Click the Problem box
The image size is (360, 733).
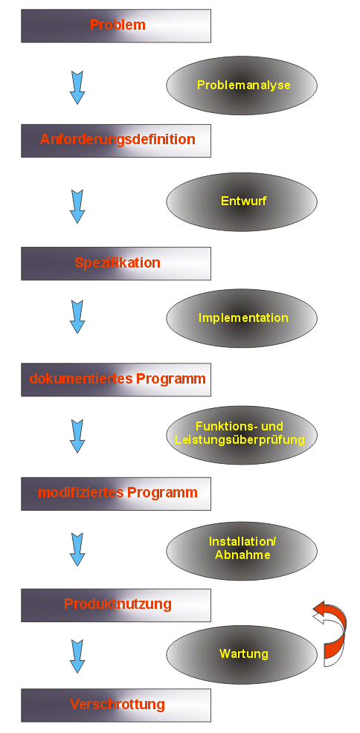116,26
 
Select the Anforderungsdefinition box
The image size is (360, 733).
116,141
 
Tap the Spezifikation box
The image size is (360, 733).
116,264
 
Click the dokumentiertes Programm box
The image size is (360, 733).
116,380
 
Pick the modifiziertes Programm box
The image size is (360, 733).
116,494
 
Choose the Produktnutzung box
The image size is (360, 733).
116,605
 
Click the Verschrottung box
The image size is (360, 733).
116,705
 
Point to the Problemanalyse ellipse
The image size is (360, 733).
242,85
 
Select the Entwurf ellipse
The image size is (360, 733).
242,201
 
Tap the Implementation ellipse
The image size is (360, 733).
242,318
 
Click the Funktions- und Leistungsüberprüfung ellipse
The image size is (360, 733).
242,434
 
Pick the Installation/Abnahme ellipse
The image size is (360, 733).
242,551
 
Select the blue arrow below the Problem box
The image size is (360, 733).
77,88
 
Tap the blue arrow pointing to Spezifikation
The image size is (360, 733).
77,206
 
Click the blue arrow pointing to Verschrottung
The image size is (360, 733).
77,656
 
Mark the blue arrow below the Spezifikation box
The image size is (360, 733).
77,317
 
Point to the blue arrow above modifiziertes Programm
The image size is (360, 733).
77,436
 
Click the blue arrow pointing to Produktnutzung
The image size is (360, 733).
77,550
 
